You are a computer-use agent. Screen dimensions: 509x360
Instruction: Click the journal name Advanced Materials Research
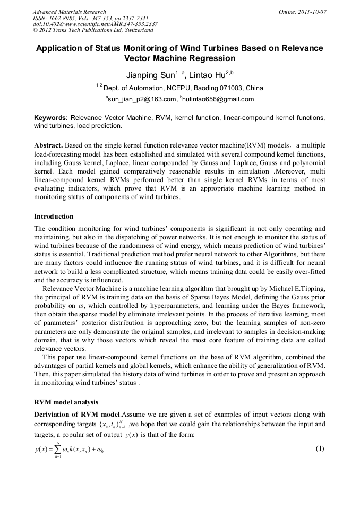69,12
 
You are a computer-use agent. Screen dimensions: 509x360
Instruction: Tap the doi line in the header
95,24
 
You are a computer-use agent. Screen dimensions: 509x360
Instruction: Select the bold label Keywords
50,117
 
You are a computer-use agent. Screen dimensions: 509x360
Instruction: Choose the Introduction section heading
54,217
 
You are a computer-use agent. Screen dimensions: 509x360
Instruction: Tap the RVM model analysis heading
66,402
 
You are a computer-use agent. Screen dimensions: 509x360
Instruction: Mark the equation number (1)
320,448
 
